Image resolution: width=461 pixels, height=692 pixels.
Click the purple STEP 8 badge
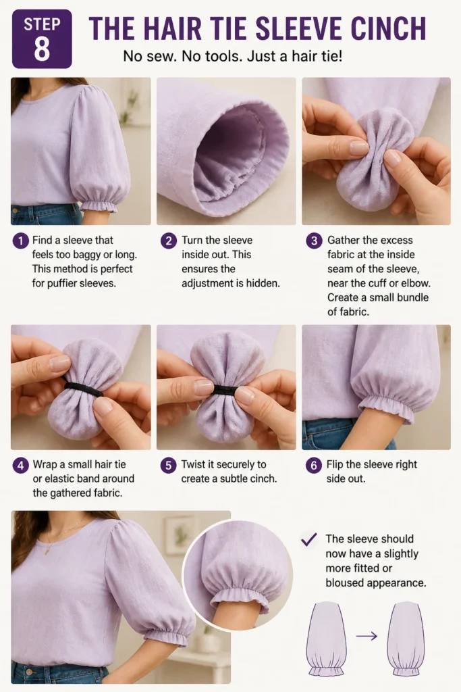click(42, 39)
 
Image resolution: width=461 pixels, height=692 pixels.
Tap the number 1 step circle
click(21, 241)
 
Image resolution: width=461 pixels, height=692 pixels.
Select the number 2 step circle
click(168, 241)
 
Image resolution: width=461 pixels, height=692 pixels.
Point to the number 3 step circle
click(314, 241)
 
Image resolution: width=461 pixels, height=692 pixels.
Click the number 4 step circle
click(21, 465)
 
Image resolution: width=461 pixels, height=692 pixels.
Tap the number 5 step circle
click(168, 465)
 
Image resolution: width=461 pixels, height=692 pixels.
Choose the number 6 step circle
click(314, 465)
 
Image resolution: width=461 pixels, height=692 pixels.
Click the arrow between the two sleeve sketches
click(367, 636)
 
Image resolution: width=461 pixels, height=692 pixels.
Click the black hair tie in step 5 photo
click(225, 389)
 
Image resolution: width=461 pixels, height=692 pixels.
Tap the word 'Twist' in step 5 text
click(193, 464)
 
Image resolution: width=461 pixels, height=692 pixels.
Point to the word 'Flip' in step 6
click(335, 464)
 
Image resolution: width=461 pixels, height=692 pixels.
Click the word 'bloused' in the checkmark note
click(345, 583)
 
